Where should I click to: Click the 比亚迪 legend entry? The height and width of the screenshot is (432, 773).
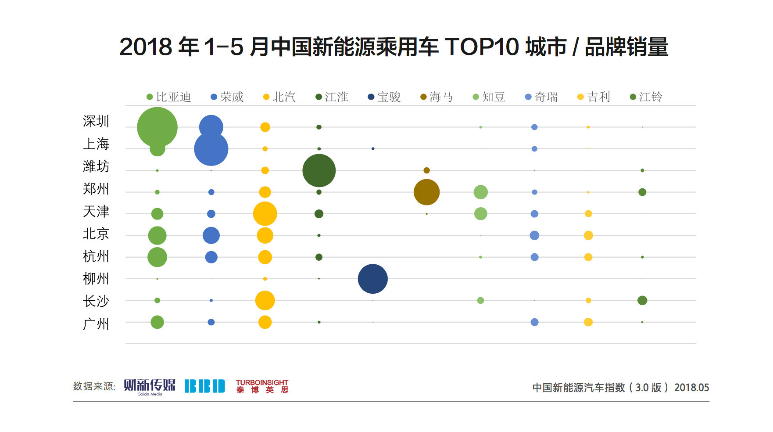pos(169,97)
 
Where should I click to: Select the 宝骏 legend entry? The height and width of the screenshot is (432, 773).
pos(384,97)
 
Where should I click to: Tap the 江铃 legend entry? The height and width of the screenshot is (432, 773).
pos(646,97)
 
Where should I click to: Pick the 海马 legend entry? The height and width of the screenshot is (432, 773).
pos(437,97)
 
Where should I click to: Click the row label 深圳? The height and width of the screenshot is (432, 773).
pos(96,122)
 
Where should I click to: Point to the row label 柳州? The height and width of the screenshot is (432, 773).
pos(96,279)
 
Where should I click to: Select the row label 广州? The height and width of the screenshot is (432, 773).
pos(96,324)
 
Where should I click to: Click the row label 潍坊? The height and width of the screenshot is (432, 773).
pos(96,166)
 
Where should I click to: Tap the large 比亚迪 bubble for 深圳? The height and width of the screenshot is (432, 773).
pos(157,127)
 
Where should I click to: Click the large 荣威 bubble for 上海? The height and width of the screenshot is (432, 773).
pos(211,149)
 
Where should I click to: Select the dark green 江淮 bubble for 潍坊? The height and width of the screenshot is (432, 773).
pos(319,170)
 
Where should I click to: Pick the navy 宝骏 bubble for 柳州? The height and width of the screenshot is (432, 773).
pos(373,279)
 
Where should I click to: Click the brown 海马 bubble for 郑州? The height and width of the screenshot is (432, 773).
pos(426,192)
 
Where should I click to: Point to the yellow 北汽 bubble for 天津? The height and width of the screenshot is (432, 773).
pos(265,214)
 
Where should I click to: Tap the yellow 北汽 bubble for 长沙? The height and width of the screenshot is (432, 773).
pos(265,300)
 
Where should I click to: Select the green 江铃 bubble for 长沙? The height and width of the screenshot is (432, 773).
pos(642,300)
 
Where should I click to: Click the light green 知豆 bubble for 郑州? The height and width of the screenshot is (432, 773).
pos(481,192)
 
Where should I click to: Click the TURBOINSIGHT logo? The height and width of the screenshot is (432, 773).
pos(262,386)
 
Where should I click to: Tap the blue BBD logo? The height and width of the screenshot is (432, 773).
pos(205,386)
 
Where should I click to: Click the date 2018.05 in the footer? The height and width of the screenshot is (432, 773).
pos(691,388)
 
